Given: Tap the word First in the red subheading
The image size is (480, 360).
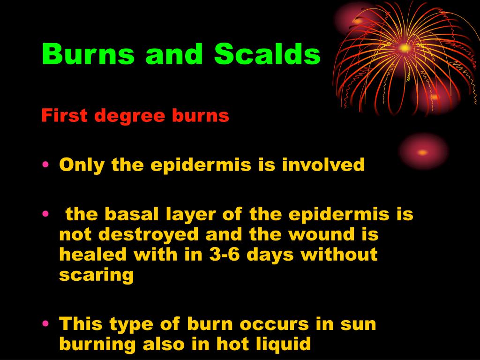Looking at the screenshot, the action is (64, 115).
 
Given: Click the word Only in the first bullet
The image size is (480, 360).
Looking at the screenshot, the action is (82, 165).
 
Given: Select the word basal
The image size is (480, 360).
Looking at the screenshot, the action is (132, 214).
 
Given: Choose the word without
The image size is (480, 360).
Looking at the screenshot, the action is (339, 255).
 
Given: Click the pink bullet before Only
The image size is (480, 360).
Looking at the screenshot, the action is (45, 165).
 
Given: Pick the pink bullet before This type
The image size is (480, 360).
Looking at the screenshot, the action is (45, 323).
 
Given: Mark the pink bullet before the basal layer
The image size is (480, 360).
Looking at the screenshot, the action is (45, 214).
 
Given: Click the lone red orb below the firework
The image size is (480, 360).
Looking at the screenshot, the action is (423, 152).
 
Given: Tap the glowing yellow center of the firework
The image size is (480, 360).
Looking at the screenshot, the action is (405, 48).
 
